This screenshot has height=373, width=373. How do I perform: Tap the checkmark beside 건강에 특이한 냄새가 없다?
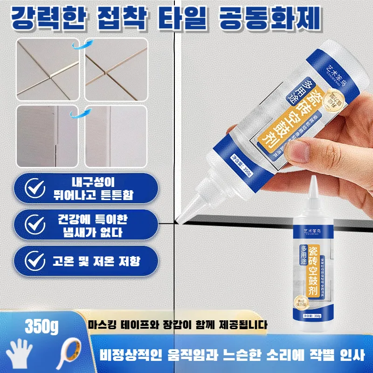[x=34, y=225]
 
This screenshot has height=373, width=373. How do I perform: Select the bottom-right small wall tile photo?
[x=116, y=136]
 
